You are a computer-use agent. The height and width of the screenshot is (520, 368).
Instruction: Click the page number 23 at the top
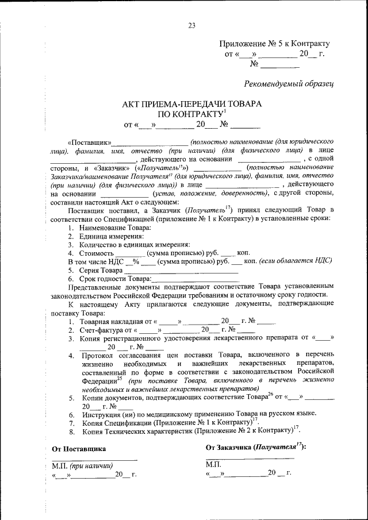coord(191,25)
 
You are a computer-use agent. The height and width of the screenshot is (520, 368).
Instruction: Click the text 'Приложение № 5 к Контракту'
coord(275,44)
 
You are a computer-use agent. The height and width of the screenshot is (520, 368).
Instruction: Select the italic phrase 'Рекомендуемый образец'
coord(289,84)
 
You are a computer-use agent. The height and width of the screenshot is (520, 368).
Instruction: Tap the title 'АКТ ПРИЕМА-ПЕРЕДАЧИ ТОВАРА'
coord(192,104)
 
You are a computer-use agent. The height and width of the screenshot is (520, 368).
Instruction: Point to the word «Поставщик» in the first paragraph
coord(89,141)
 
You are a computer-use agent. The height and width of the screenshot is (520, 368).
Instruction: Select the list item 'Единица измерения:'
coord(106,236)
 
